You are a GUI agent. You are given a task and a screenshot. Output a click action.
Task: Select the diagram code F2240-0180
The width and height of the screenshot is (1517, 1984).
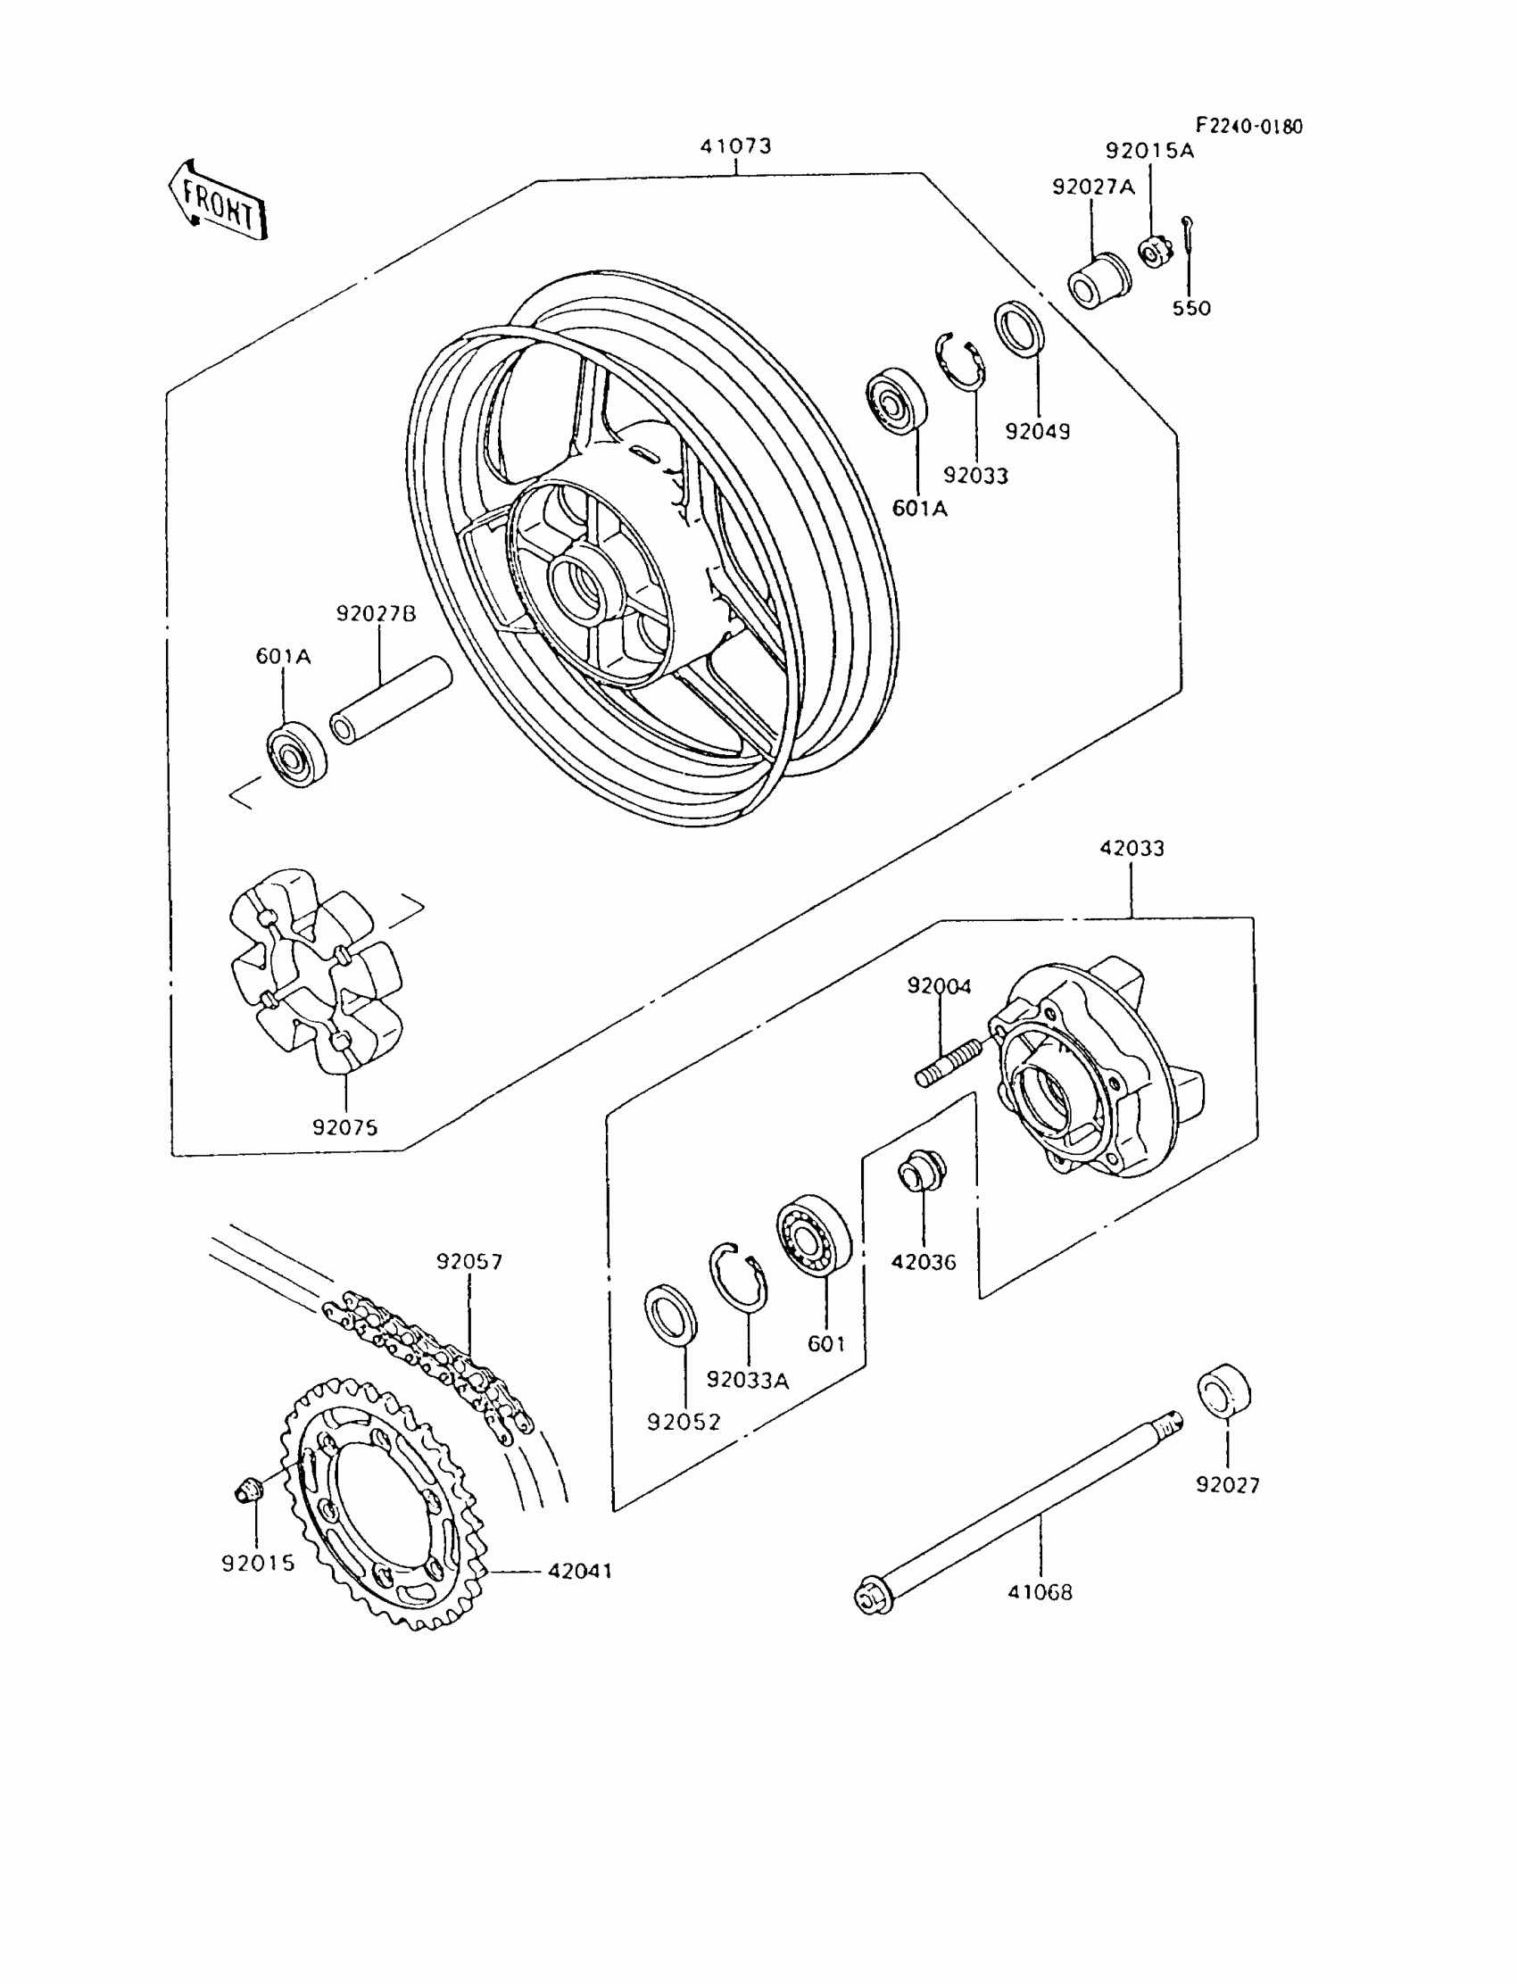(x=1248, y=127)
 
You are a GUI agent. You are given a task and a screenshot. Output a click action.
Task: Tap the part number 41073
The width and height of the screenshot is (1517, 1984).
(x=735, y=146)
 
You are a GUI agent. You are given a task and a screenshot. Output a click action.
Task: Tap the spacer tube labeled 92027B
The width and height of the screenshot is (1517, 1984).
(x=390, y=701)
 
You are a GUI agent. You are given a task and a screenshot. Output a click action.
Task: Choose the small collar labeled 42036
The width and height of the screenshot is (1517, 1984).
(x=921, y=1173)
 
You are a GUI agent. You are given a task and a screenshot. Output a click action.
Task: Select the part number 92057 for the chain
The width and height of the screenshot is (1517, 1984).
(x=468, y=1262)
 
